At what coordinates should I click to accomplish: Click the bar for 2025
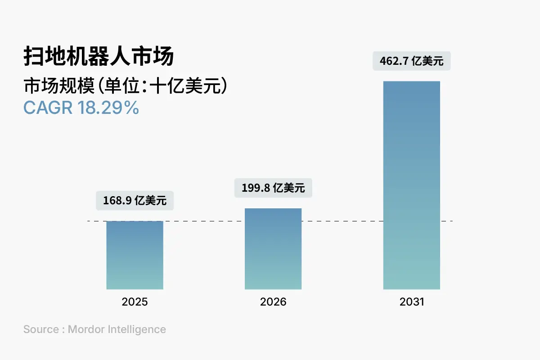pyautogui.click(x=135, y=255)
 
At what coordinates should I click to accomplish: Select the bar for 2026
pyautogui.click(x=273, y=249)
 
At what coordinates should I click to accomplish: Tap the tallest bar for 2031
pyautogui.click(x=411, y=185)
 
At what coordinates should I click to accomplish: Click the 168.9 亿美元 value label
pyautogui.click(x=135, y=201)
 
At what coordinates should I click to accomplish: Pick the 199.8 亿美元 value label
pyautogui.click(x=273, y=188)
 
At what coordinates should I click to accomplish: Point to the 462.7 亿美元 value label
pyautogui.click(x=411, y=61)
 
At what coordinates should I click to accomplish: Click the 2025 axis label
pyautogui.click(x=135, y=302)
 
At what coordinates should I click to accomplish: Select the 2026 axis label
pyautogui.click(x=273, y=302)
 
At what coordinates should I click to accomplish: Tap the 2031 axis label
pyautogui.click(x=411, y=302)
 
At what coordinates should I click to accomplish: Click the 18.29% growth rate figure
pyautogui.click(x=108, y=108)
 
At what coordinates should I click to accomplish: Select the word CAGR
pyautogui.click(x=49, y=108)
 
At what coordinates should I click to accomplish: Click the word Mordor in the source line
pyautogui.click(x=86, y=329)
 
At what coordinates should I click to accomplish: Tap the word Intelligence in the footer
pyautogui.click(x=137, y=329)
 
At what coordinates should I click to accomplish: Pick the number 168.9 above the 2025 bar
pyautogui.click(x=117, y=201)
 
